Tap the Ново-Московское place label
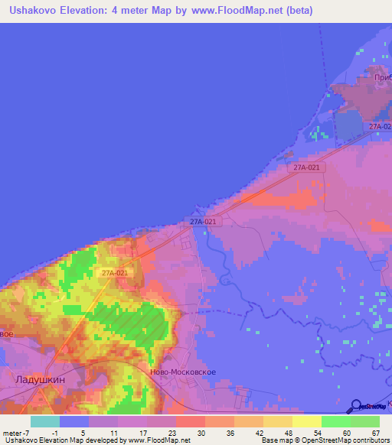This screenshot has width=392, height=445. click(184, 372)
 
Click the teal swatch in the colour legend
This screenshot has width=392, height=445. click(45, 421)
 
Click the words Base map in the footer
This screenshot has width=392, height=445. click(278, 441)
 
